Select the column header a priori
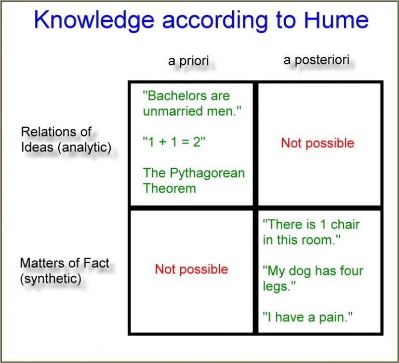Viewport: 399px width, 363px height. coord(188,61)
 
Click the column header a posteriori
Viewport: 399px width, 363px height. coord(316,60)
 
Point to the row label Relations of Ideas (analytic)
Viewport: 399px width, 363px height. coord(66,139)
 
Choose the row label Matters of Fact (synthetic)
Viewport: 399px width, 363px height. coord(64,271)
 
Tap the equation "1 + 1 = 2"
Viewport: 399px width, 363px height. coord(174,142)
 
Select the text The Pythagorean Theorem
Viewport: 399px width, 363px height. coord(193,180)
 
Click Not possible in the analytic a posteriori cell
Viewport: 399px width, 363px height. coord(317,143)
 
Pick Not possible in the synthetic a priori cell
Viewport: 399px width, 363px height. coord(191,269)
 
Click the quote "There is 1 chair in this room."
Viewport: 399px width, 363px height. coord(311,232)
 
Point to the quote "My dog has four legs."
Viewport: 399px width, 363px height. coord(313,278)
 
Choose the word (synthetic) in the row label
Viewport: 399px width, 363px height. coord(50,278)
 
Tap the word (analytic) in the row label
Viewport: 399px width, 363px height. coord(85,147)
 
